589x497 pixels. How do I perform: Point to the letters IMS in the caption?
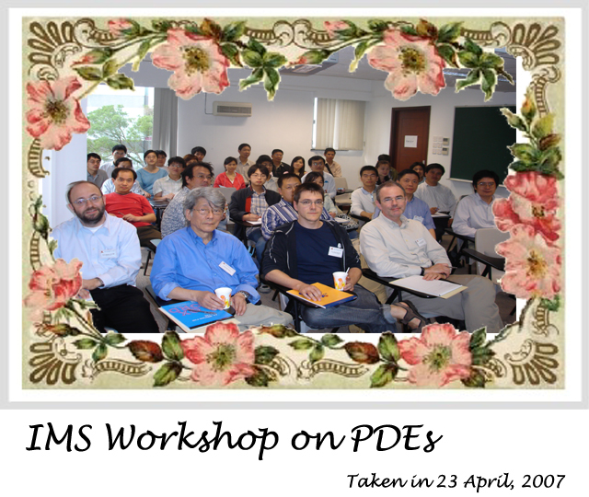click(x=59, y=438)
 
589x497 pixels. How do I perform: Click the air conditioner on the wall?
click(x=233, y=109)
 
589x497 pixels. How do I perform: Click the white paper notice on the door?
click(x=410, y=141)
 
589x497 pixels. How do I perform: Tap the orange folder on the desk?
click(x=322, y=295)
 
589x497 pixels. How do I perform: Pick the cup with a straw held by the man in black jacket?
click(x=341, y=280)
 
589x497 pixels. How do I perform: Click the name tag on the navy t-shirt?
click(x=335, y=251)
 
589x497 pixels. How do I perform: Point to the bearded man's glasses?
click(x=88, y=201)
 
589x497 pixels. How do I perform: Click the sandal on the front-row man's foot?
click(x=412, y=314)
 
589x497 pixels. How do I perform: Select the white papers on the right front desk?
click(x=428, y=285)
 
